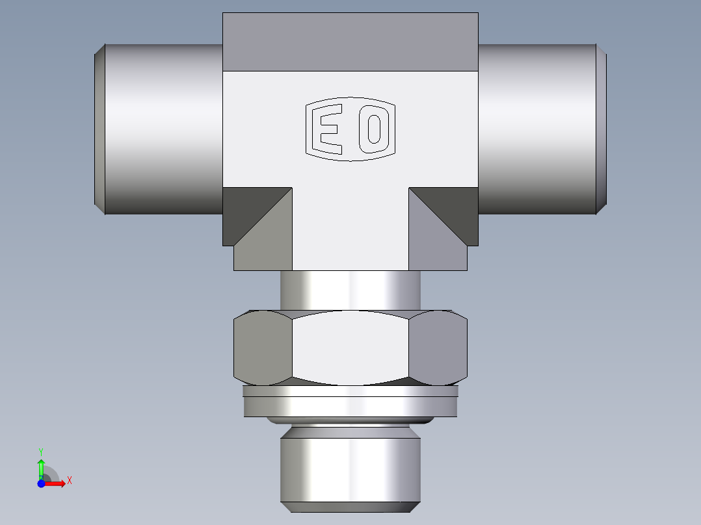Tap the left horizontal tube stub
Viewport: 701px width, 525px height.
pyautogui.click(x=163, y=129)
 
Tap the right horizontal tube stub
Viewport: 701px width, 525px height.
pyautogui.click(x=536, y=129)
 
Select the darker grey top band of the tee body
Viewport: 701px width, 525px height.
pyautogui.click(x=350, y=42)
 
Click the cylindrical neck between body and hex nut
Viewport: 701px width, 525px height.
pyautogui.click(x=350, y=290)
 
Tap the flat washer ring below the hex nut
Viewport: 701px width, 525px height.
pyautogui.click(x=350, y=403)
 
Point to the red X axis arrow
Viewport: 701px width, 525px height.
pyautogui.click(x=58, y=483)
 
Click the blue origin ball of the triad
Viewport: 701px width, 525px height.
pyautogui.click(x=41, y=483)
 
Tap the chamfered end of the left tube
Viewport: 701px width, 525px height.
pyautogui.click(x=99, y=129)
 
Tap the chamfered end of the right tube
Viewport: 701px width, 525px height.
pyautogui.click(x=602, y=129)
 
